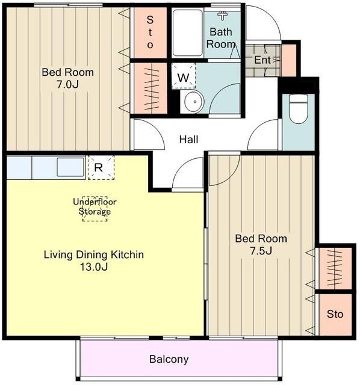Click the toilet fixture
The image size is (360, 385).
click(299, 109)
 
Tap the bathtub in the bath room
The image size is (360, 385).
click(187, 33)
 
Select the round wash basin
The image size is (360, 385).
click(194, 102)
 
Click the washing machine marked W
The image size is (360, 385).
click(184, 76)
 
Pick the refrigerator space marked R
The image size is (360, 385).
click(101, 167)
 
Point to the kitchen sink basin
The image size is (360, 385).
click(70, 167)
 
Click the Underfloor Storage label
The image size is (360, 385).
click(95, 206)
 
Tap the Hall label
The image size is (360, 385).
click(188, 140)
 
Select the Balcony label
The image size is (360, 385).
click(169, 359)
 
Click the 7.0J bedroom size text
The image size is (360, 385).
click(68, 84)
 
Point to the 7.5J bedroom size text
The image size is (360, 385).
click(261, 251)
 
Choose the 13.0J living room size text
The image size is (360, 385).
click(94, 266)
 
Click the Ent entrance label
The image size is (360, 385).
click(262, 60)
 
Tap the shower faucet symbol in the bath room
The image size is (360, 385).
click(223, 15)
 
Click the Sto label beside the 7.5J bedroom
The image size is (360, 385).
click(335, 314)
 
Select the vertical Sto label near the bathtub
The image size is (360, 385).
click(150, 32)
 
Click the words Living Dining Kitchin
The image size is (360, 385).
click(94, 254)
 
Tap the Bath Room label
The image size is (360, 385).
click(221, 38)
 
